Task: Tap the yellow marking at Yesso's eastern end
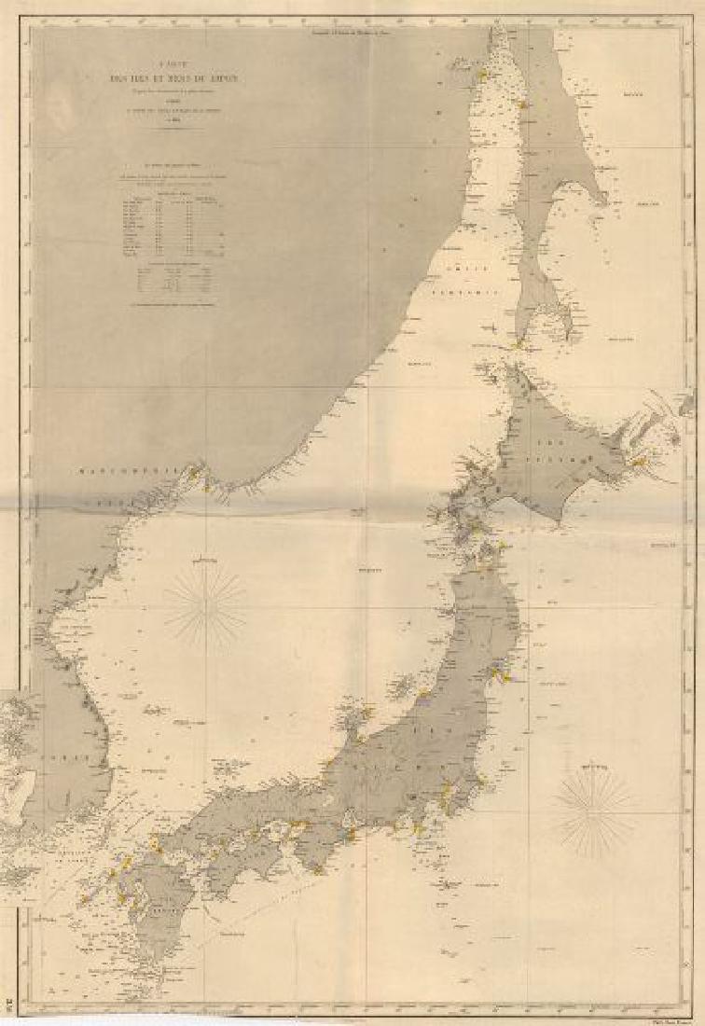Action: pyautogui.click(x=638, y=461)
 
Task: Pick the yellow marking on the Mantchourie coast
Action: pyautogui.click(x=194, y=473)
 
